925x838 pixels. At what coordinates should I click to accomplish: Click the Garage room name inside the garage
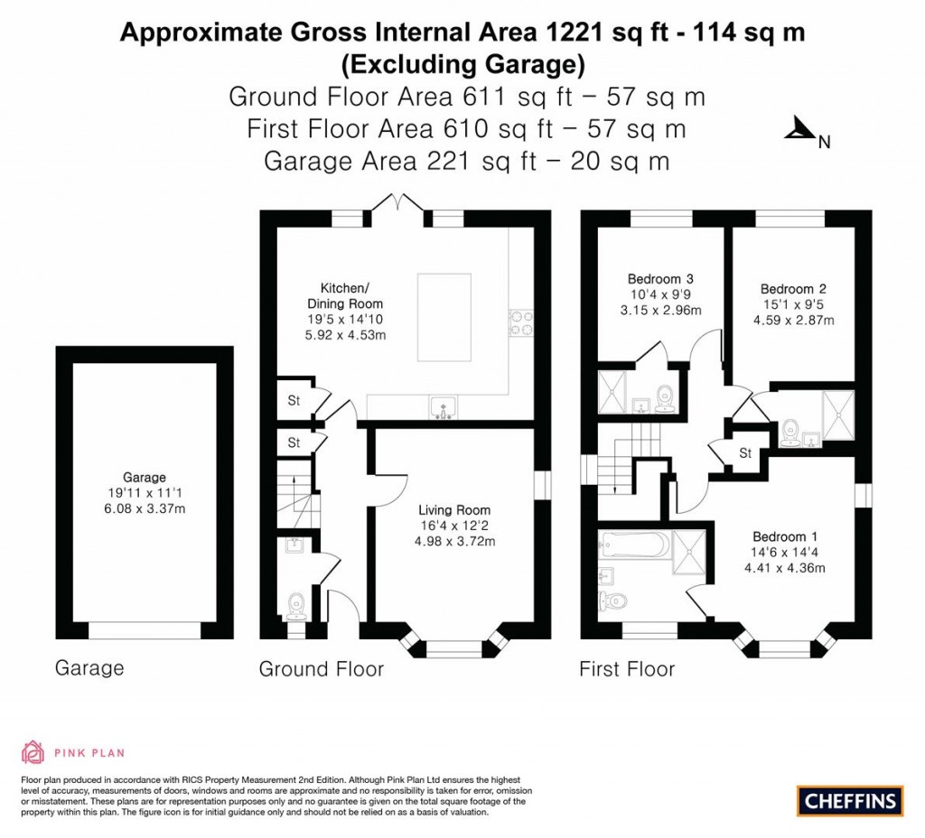pyautogui.click(x=145, y=478)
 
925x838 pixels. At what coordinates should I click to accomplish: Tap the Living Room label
pyautogui.click(x=455, y=510)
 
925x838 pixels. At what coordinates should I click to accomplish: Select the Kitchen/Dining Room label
pyautogui.click(x=345, y=296)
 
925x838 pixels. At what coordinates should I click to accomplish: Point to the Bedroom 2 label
pyautogui.click(x=793, y=289)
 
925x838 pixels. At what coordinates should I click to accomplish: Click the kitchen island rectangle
pyautogui.click(x=444, y=305)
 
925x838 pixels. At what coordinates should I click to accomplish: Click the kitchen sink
pyautogui.click(x=443, y=408)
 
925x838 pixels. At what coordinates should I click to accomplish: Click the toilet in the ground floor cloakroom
pyautogui.click(x=295, y=606)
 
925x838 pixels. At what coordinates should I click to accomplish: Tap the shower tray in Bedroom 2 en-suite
pyautogui.click(x=837, y=415)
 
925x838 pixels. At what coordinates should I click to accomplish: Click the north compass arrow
pyautogui.click(x=799, y=132)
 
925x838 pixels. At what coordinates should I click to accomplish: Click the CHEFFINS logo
pyautogui.click(x=850, y=800)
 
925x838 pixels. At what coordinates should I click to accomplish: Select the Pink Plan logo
pyautogui.click(x=72, y=751)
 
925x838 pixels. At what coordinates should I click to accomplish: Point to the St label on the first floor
pyautogui.click(x=745, y=453)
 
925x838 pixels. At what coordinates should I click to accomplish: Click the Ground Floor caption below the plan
pyautogui.click(x=321, y=669)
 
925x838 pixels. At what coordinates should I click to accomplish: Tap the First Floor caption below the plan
pyautogui.click(x=627, y=669)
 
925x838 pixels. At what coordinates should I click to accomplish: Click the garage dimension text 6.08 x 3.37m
pyautogui.click(x=145, y=508)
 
